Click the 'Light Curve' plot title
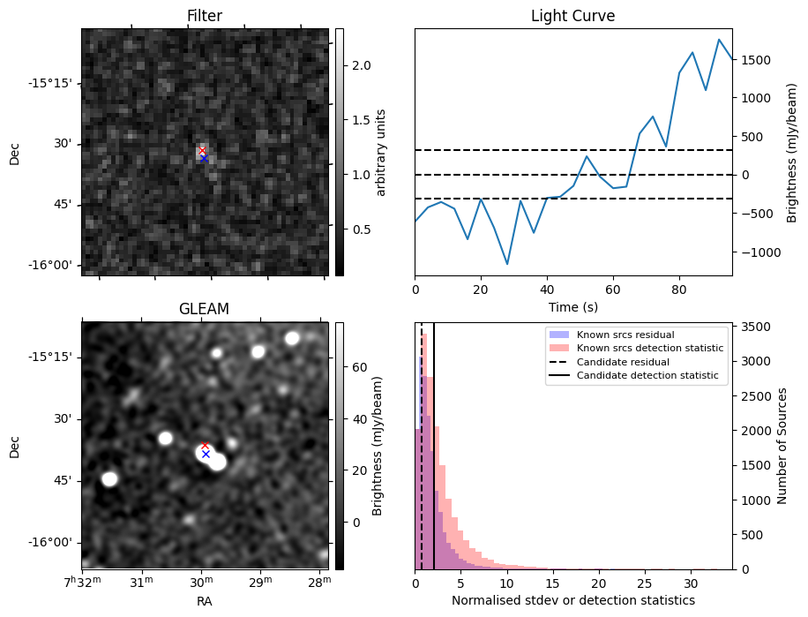(572, 16)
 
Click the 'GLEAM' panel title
(204, 309)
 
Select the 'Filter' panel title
(204, 16)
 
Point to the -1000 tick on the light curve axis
(759, 252)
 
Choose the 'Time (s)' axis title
(572, 306)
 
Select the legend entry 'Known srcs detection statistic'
(650, 348)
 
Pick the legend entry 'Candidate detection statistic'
(647, 376)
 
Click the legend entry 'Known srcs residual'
(625, 335)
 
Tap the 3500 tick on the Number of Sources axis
(759, 327)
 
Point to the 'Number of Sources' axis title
(782, 446)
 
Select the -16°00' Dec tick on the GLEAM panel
(49, 543)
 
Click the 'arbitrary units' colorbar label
(381, 152)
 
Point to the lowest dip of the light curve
(507, 264)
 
